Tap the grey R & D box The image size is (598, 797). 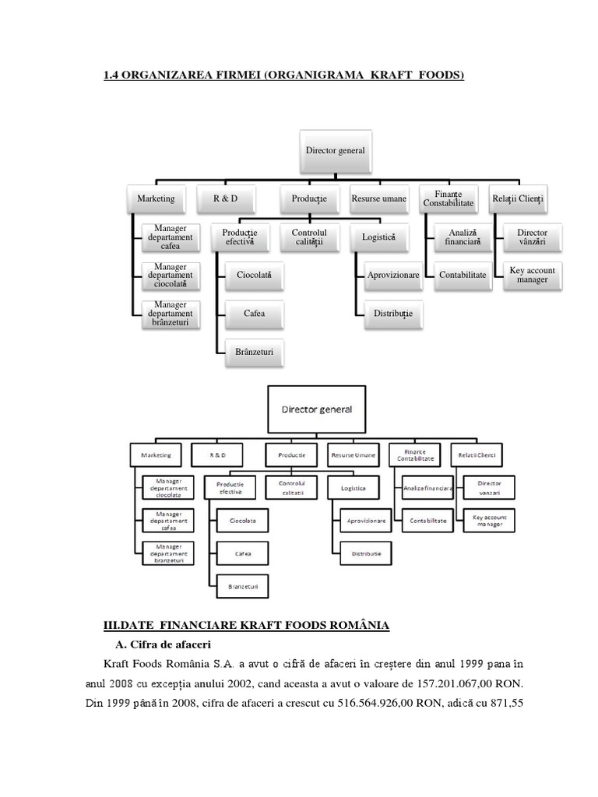(226, 198)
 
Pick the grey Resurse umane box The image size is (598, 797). (378, 198)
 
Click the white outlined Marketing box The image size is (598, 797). (156, 454)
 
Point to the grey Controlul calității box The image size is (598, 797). (309, 237)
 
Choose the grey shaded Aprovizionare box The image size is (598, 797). (394, 275)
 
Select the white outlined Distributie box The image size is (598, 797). (366, 553)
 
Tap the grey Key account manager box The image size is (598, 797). (532, 275)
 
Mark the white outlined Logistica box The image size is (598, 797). (354, 488)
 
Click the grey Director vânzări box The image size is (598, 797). (532, 237)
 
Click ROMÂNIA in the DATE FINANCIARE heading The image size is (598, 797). (354, 625)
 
